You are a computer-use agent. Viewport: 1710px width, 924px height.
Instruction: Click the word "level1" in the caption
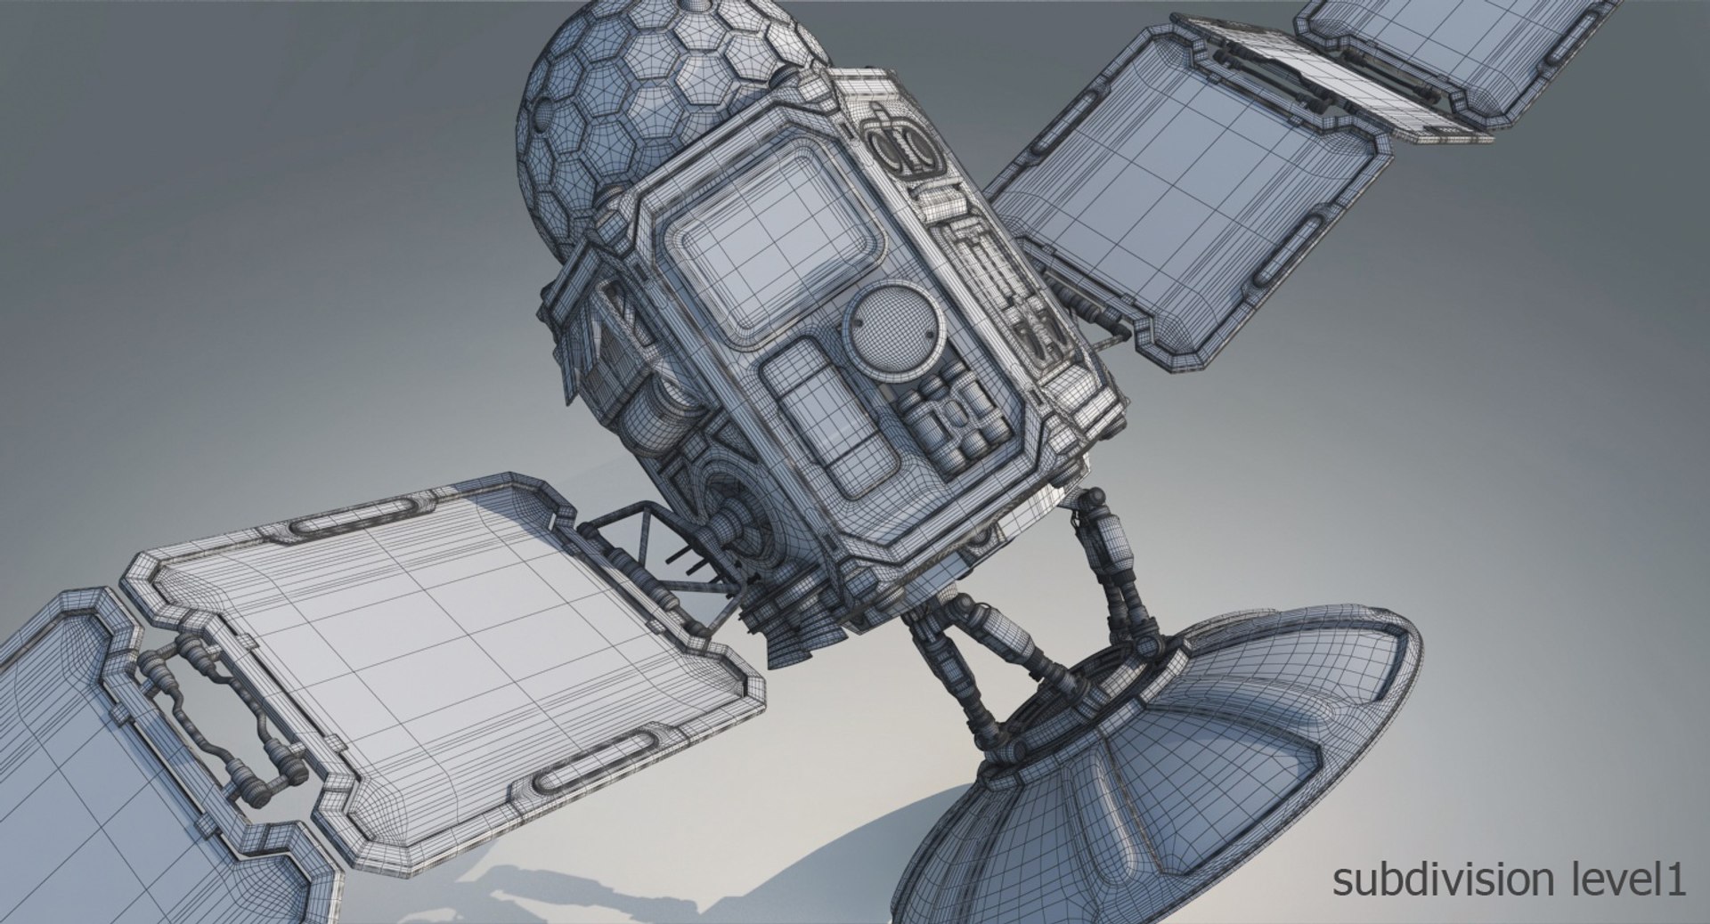point(1633,880)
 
